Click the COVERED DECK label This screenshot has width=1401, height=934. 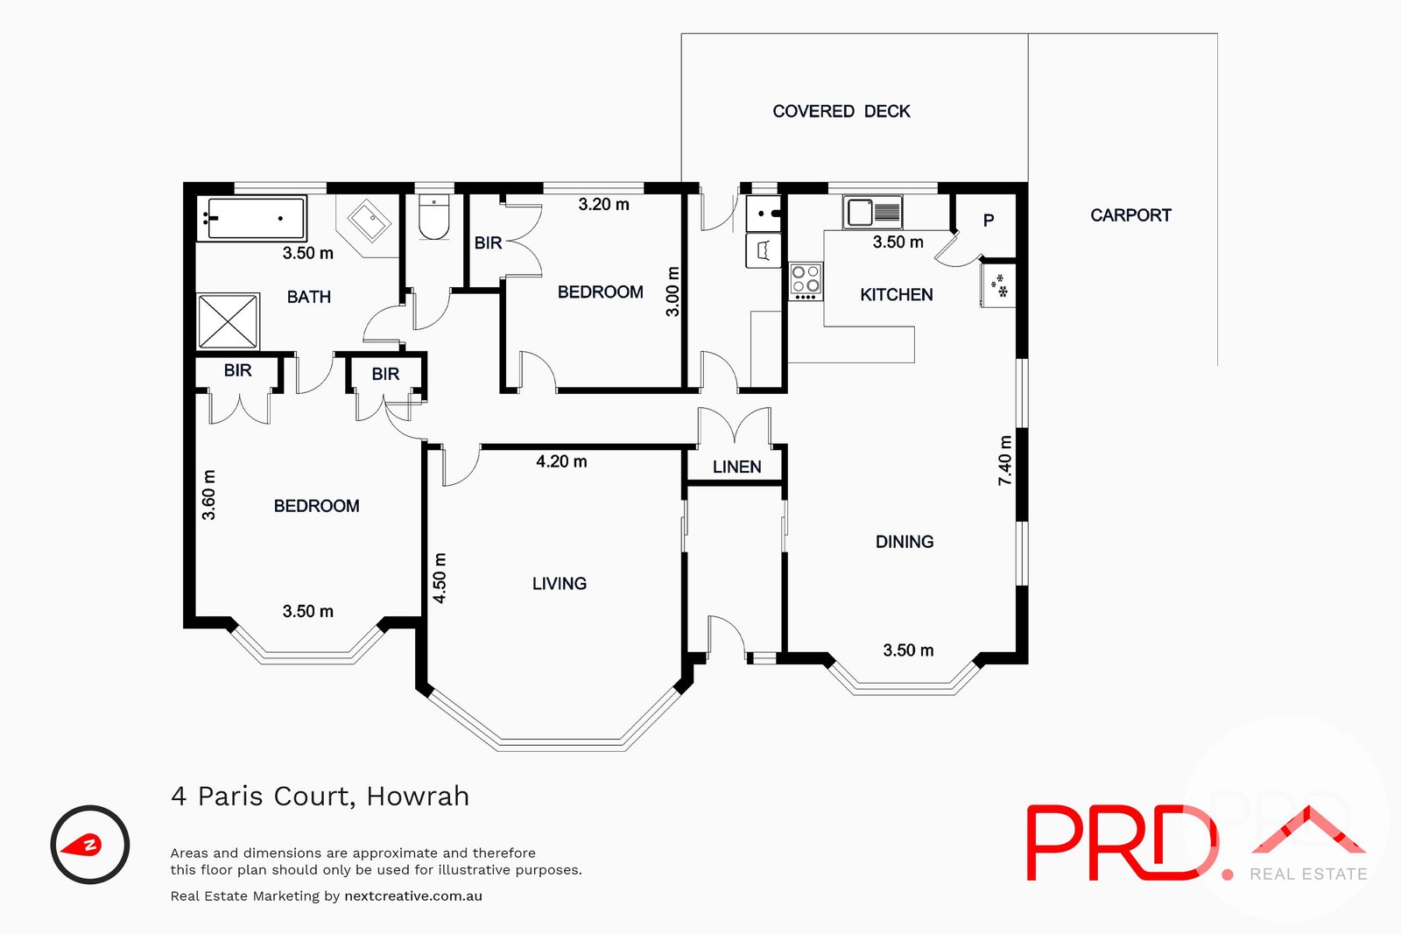(841, 111)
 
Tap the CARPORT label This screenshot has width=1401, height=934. (1130, 215)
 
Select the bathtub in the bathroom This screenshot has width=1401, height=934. (252, 218)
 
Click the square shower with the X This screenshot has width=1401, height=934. (229, 321)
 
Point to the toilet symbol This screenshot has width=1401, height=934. (433, 218)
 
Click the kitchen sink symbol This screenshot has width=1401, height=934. (872, 212)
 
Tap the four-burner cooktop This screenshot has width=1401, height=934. (806, 281)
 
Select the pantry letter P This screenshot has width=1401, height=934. (989, 221)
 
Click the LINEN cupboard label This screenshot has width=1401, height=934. (736, 467)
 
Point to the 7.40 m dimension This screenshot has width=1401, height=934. (1005, 460)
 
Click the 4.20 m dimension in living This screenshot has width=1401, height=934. (561, 461)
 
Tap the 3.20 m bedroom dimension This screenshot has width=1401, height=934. (603, 205)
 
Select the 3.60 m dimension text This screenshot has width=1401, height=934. (208, 495)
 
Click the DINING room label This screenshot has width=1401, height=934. (904, 542)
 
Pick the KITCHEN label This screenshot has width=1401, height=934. (896, 295)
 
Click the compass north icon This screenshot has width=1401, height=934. (90, 845)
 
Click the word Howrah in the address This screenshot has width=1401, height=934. (418, 797)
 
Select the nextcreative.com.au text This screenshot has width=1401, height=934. (413, 896)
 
